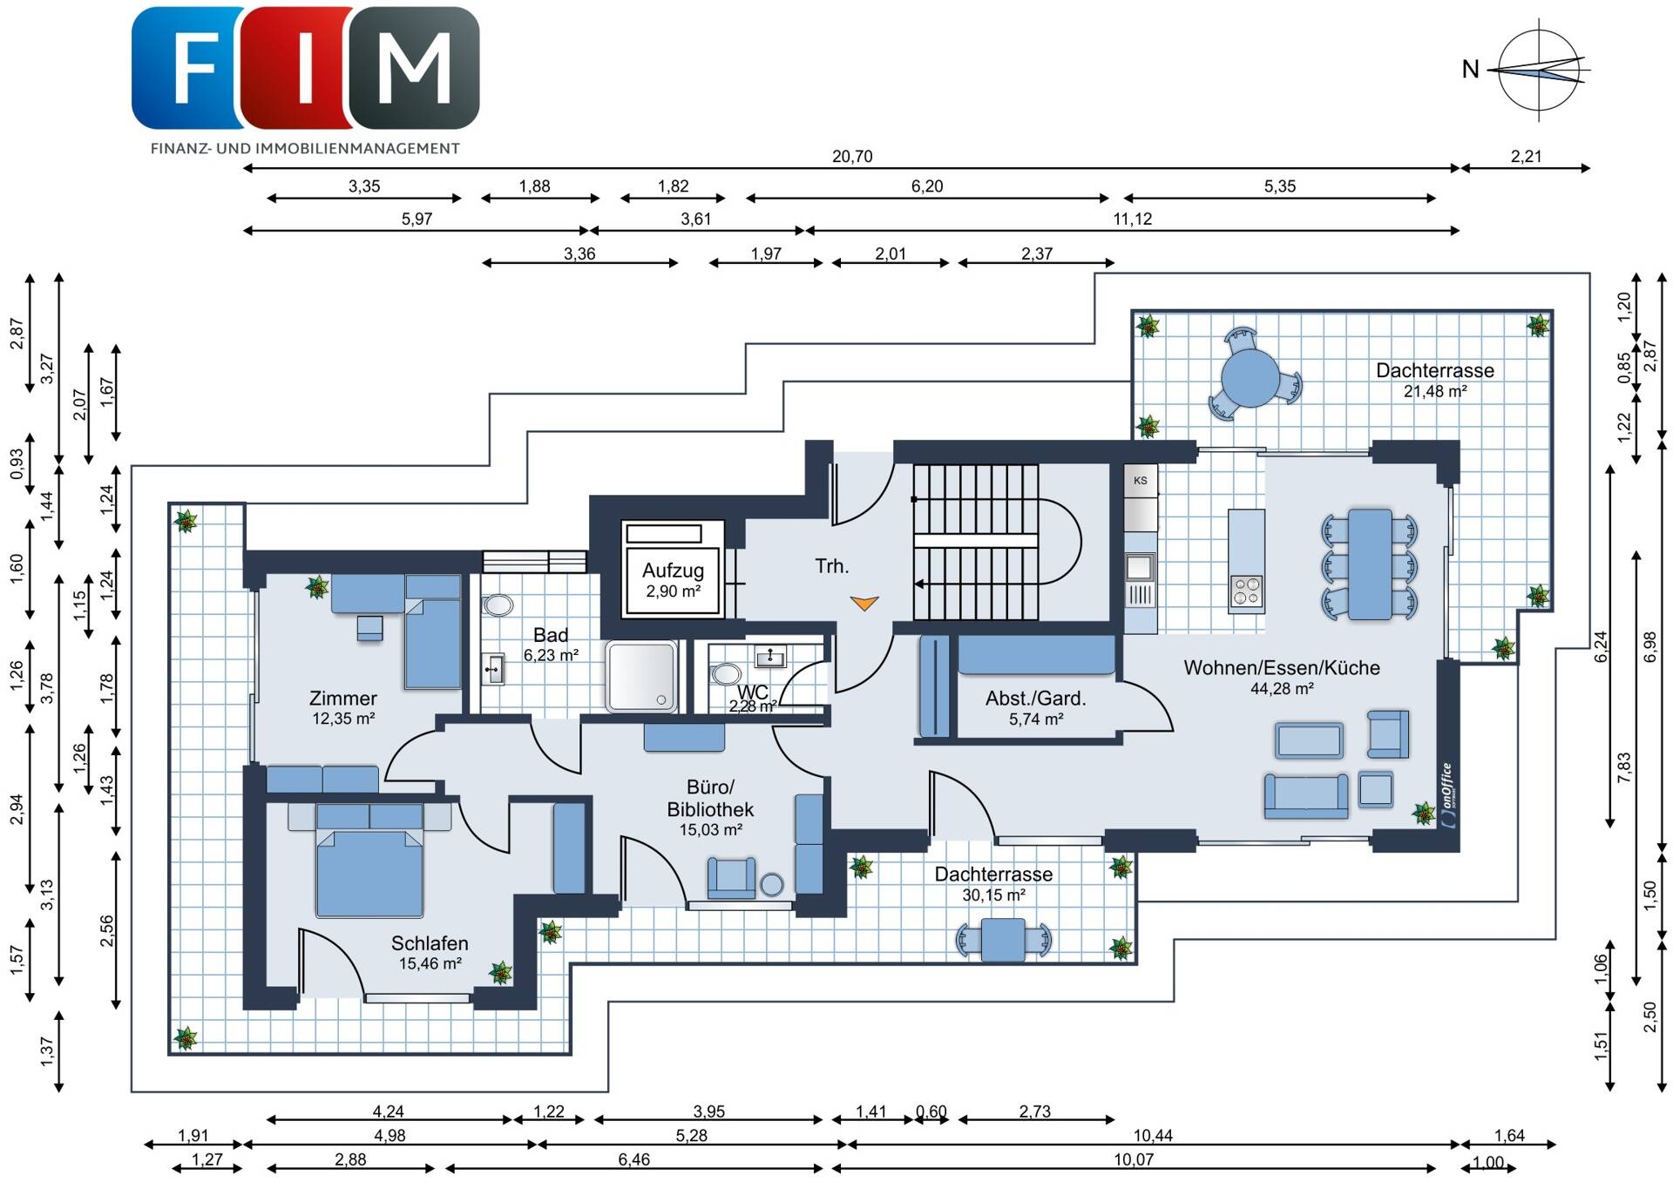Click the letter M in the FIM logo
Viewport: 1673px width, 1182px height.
pos(415,68)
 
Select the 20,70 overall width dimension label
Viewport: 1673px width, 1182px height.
pos(851,157)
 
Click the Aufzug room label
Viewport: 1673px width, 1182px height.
pos(673,571)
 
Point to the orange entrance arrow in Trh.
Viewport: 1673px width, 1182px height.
pos(864,603)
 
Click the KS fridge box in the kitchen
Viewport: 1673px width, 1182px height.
pos(1140,481)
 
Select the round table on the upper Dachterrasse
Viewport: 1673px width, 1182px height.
pos(1250,378)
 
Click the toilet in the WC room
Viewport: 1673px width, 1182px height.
pos(725,674)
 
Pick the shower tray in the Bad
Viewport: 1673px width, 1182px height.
pos(642,677)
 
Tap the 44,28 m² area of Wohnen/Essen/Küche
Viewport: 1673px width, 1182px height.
pos(1282,689)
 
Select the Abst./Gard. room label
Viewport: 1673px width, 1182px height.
pos(1035,699)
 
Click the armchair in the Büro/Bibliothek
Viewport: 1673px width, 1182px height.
pos(731,877)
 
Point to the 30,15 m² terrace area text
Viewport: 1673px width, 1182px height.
pos(993,895)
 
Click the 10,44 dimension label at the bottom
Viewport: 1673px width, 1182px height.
pos(1153,1136)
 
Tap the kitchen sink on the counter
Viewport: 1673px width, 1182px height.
pos(1139,568)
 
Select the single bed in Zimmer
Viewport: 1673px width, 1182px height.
pos(433,631)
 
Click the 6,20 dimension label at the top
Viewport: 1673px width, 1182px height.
pos(927,186)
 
